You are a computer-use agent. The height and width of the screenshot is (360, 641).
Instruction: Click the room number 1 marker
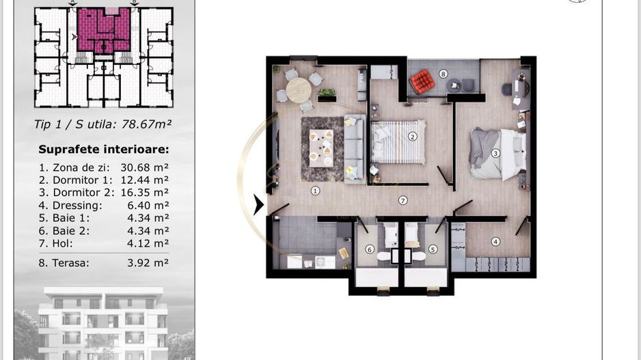point(315,191)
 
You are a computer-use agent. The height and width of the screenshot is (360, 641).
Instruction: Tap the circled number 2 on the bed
point(412,136)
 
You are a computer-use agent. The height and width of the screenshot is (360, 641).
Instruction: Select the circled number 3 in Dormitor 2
point(495,153)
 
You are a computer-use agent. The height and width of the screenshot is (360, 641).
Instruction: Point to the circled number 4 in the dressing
point(495,241)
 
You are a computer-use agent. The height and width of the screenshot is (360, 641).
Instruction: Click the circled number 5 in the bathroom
point(433,249)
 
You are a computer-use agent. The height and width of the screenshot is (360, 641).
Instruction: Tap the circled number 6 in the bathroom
point(370,249)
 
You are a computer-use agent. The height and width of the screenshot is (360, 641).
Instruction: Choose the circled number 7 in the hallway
point(403,200)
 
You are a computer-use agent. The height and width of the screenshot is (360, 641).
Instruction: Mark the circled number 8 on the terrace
point(443,74)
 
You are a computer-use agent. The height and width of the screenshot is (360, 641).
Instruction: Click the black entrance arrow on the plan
point(258,204)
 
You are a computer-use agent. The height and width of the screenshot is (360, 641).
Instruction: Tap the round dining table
point(298,89)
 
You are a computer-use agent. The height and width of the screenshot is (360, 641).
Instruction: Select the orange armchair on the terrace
point(422,82)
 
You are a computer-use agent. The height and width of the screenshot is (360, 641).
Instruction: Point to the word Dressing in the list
point(77,205)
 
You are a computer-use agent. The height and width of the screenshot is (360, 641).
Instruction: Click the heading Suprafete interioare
point(103,150)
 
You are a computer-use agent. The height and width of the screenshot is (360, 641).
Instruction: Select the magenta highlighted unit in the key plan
point(102,31)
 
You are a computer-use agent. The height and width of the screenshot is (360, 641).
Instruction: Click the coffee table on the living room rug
point(320,146)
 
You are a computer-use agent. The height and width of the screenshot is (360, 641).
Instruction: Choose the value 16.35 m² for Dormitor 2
point(144,193)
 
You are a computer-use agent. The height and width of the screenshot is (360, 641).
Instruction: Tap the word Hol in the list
point(62,243)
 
